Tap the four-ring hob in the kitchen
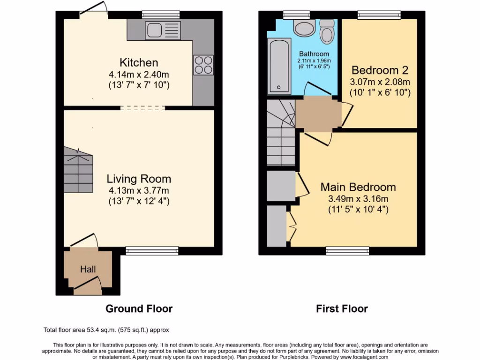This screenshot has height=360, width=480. pos(203,65)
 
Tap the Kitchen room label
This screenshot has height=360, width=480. pos(139,63)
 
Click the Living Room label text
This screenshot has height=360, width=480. pos(139,179)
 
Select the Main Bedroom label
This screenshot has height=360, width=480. pos(358,187)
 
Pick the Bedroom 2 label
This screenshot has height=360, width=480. pos(380,70)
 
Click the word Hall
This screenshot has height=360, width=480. pos(88,269)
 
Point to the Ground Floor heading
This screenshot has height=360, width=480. pos(139,308)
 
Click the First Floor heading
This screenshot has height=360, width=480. pos(342,308)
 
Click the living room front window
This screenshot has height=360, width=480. pos(152,251)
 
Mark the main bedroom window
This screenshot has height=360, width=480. pos(347,251)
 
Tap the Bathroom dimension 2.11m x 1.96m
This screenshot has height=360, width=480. pos(314,60)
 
